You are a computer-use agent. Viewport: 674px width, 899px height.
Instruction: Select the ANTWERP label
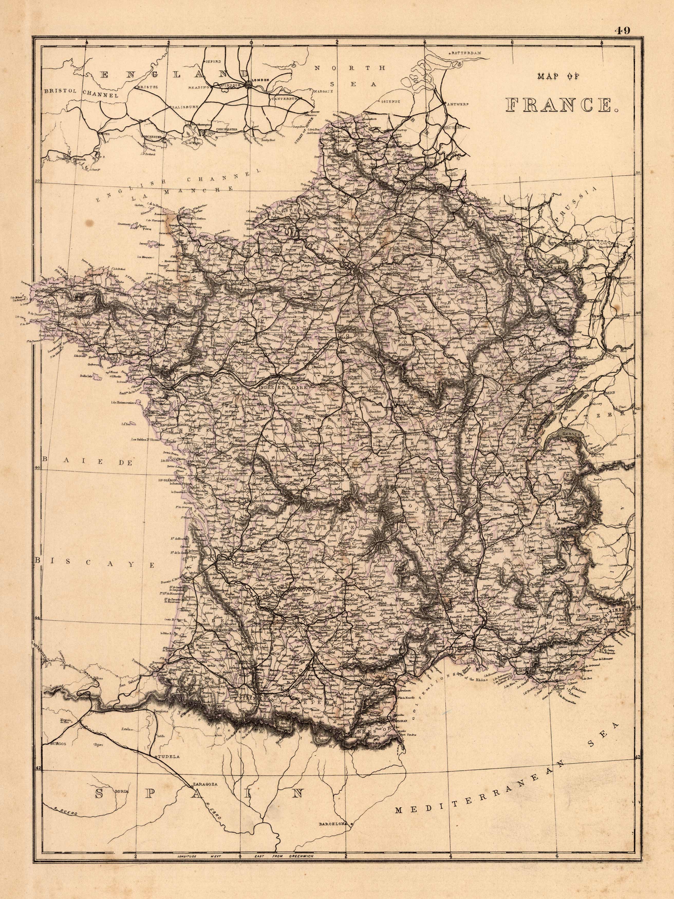458,104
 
